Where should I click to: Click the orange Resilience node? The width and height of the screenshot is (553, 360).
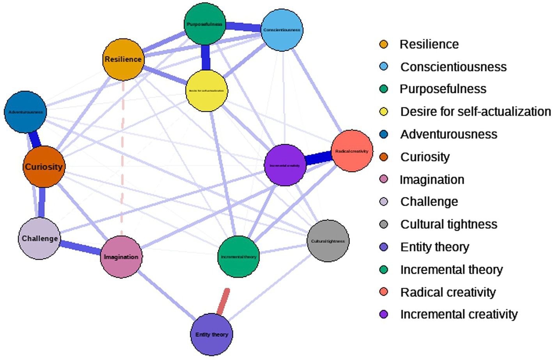(x=123, y=59)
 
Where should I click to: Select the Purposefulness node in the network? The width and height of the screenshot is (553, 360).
(x=205, y=24)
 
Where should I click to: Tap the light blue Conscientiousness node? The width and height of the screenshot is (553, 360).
(x=282, y=30)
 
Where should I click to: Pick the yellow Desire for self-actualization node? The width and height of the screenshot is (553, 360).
(x=207, y=90)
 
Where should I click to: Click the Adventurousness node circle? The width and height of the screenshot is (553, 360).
(x=25, y=112)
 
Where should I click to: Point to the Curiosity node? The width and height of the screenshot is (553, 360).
(x=43, y=167)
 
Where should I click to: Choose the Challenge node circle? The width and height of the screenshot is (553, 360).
(x=39, y=238)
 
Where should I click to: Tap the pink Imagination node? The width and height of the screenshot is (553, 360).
(x=121, y=257)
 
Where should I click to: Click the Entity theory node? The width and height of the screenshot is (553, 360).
(x=212, y=335)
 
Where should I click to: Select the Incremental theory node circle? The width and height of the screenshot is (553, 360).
(x=238, y=257)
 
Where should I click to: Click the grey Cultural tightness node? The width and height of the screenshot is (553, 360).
(x=328, y=241)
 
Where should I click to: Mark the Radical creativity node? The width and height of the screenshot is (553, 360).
(x=352, y=151)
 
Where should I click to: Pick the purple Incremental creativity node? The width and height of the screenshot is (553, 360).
(x=285, y=165)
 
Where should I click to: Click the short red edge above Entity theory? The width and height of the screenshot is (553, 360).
(x=223, y=301)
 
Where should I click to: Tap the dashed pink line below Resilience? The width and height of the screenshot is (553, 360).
(x=122, y=156)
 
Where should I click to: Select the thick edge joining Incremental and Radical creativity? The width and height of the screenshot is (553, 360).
(x=318, y=158)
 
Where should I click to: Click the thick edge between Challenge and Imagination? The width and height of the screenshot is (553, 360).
(x=80, y=248)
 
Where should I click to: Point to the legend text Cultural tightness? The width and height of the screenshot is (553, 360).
(x=448, y=224)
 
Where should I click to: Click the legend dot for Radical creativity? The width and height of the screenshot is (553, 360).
(x=384, y=292)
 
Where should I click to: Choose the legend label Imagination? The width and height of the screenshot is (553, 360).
(x=432, y=179)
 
